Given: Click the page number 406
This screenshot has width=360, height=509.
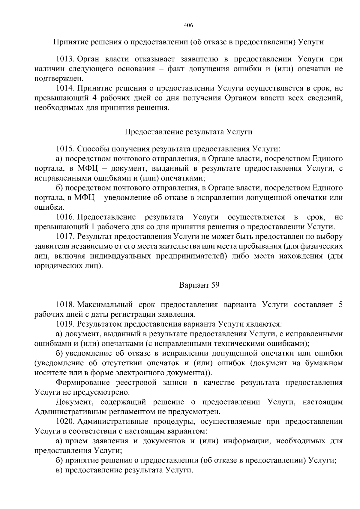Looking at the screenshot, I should pos(188,25).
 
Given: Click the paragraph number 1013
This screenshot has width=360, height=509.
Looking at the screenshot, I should pos(65,59).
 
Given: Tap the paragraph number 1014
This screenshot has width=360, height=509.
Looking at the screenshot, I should pos(65,88).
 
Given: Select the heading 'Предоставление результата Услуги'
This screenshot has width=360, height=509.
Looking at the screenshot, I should pos(188,132).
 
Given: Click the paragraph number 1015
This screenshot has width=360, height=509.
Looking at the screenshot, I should pos(65,149).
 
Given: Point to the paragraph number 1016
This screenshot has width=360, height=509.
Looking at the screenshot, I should pos(65,217).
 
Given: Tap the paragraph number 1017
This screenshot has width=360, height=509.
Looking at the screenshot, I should pos(65,236).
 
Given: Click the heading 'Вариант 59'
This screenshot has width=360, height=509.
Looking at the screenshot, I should pos(199,285).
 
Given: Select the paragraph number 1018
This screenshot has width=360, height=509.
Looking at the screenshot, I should pos(65,305).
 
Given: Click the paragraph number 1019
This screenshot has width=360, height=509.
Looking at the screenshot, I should pos(65,324).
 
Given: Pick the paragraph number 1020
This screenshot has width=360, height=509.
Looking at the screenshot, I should pos(65,421).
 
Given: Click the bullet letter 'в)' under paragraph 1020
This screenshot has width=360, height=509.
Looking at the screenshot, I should pos(59,470).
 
